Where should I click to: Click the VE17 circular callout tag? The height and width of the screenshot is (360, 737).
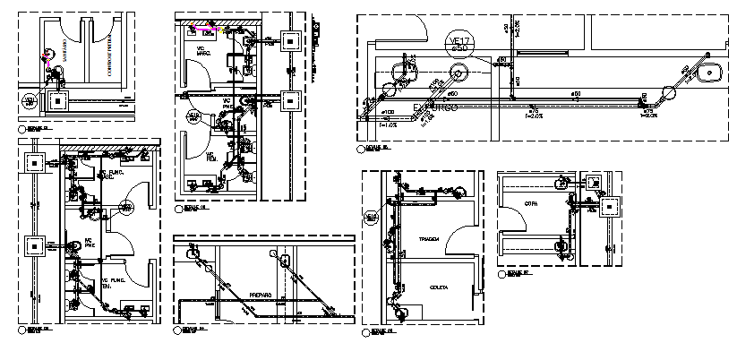pyautogui.click(x=458, y=41)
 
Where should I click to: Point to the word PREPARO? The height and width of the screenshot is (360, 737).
pyautogui.click(x=260, y=294)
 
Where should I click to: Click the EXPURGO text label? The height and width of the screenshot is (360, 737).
pyautogui.click(x=435, y=107)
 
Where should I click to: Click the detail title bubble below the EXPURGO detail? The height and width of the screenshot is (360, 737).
pyautogui.click(x=360, y=148)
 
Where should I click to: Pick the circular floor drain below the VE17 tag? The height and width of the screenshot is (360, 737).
pyautogui.click(x=458, y=74)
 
